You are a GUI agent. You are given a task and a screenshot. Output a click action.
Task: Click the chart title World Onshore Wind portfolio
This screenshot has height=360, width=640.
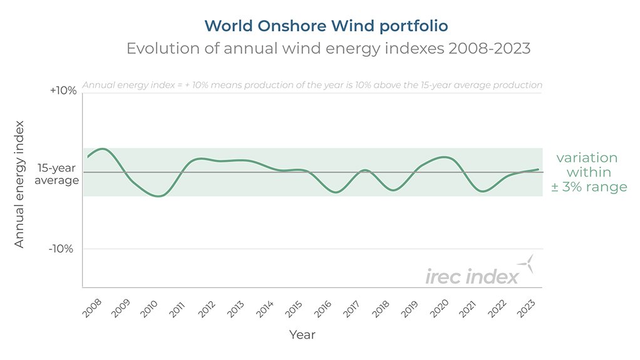click(x=326, y=26)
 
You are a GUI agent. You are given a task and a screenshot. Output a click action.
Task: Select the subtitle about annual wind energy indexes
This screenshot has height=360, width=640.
click(x=328, y=49)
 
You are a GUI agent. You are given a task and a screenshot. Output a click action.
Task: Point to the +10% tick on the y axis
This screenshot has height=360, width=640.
click(x=63, y=91)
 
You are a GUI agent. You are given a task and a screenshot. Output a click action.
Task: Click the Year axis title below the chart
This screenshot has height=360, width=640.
click(x=302, y=335)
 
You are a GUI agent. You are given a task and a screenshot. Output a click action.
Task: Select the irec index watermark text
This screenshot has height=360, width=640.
click(x=472, y=276)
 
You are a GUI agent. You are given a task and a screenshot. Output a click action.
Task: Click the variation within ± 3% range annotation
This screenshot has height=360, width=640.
click(x=588, y=172)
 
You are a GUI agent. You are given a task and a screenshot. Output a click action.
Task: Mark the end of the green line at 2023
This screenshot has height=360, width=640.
click(x=538, y=169)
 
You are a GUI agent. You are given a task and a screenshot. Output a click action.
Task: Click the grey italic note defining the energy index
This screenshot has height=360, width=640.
click(x=312, y=85)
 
